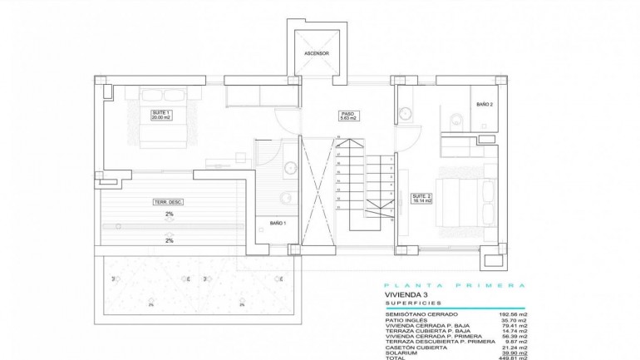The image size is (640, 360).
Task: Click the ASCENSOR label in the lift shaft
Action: (x=316, y=53)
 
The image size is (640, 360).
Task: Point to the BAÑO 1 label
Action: (x=278, y=223)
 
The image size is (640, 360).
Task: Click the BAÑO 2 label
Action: (x=485, y=105)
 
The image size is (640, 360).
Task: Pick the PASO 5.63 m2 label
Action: (x=348, y=116)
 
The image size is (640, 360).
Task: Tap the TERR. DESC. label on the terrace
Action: (x=169, y=202)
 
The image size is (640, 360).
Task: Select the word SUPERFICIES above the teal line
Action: (x=412, y=304)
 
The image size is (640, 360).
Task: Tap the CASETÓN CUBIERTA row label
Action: (x=415, y=345)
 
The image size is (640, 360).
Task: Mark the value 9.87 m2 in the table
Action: (x=515, y=340)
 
